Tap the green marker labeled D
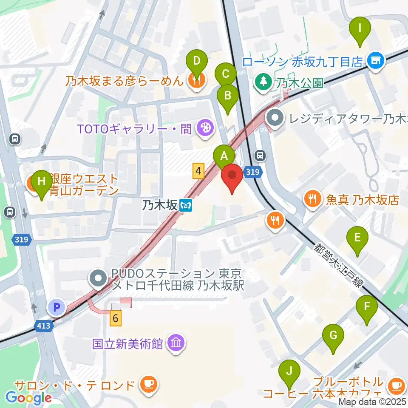[196, 60]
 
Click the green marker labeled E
[357, 238]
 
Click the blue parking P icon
[57, 306]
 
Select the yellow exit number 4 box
[198, 171]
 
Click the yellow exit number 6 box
[115, 318]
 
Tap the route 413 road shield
[45, 326]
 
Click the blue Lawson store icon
[375, 61]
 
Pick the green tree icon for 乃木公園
[263, 81]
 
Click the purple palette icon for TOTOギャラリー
[205, 128]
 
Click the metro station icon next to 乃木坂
[186, 206]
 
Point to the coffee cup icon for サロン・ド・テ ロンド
[148, 385]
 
